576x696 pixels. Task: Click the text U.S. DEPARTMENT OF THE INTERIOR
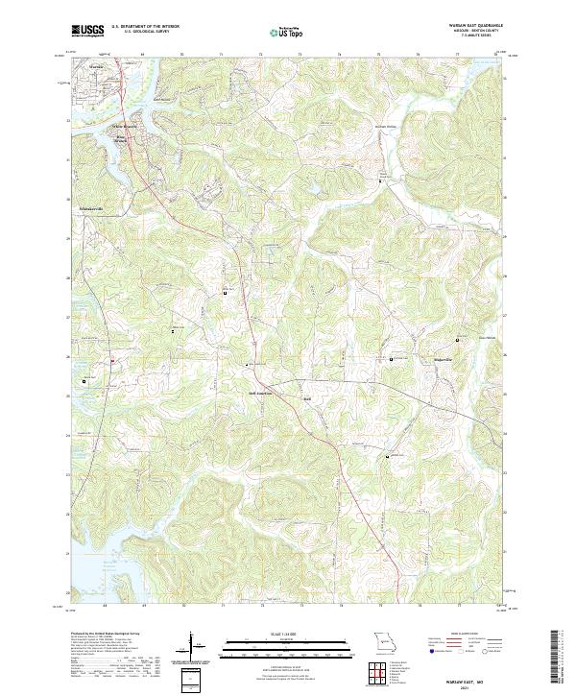145,27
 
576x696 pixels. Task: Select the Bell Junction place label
260,393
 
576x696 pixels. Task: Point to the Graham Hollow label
385,125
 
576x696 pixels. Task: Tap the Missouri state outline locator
385,640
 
